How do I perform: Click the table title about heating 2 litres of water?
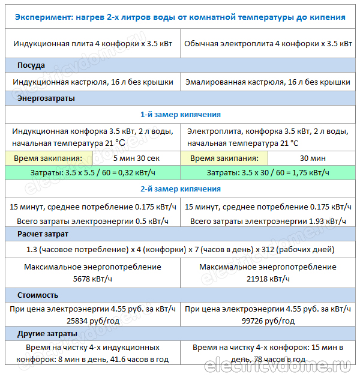pos(180,17)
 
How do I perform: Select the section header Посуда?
pos(31,65)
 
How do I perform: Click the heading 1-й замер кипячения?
pos(180,114)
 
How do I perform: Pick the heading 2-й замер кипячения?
pos(180,188)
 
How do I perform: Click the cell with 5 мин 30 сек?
pos(136,158)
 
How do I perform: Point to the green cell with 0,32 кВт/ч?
pos(93,172)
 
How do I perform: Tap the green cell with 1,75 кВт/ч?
pos(268,172)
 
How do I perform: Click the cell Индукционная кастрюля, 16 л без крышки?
pos(93,82)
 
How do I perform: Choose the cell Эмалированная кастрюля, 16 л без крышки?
pos(268,82)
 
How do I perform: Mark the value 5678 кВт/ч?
pos(92,279)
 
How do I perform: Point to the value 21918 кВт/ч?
pos(268,279)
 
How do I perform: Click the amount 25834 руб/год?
pos(92,321)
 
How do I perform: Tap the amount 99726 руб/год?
pos(268,321)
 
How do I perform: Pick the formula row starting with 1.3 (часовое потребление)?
pos(180,249)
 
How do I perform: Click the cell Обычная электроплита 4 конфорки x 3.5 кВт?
pos(268,44)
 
